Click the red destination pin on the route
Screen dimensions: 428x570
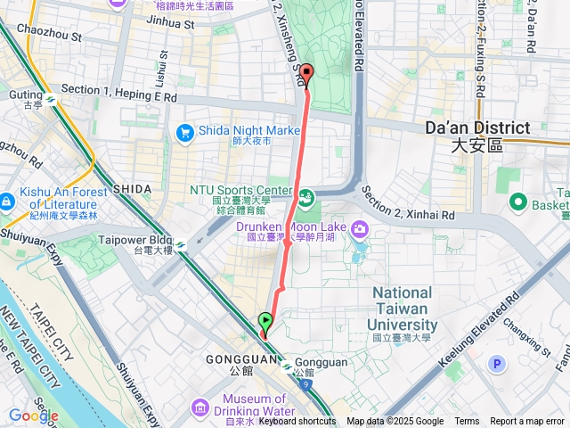(x=306, y=75)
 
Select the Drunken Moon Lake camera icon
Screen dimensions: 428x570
(x=361, y=228)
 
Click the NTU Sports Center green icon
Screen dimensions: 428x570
(x=307, y=196)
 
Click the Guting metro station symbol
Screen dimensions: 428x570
(x=51, y=100)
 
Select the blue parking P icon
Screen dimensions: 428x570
(x=497, y=363)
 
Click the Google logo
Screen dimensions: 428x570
(x=34, y=416)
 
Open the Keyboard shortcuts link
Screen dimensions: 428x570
(x=297, y=422)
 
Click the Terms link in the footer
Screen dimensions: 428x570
(x=467, y=422)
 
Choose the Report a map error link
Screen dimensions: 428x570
(x=527, y=422)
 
